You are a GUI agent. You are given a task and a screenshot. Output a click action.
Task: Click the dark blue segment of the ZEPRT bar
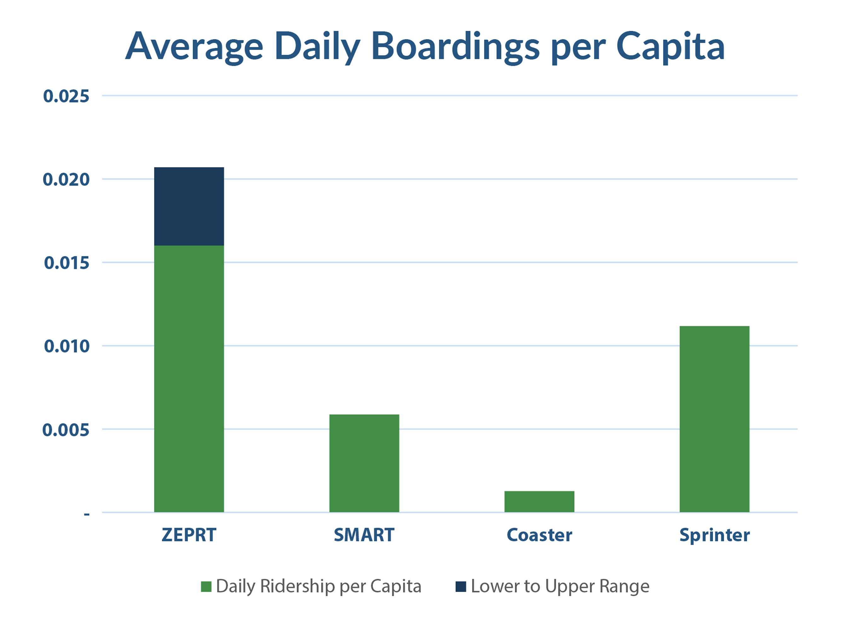tap(189, 206)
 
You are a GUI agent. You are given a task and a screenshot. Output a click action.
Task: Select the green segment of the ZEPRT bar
tap(189, 379)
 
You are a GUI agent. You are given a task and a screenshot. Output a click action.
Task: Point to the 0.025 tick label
tap(66, 96)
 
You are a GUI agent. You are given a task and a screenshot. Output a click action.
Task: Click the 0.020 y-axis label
tap(66, 180)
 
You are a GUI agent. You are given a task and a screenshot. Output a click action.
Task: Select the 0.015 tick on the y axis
tap(67, 263)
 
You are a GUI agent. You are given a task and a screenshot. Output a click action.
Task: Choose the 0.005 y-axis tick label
tap(66, 430)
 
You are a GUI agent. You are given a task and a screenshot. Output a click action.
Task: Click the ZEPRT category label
tap(189, 535)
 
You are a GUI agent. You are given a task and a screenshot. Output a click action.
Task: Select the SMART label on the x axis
tap(364, 535)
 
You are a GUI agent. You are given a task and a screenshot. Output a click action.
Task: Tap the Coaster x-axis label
tap(539, 535)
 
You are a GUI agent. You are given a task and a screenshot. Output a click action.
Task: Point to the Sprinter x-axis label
tap(715, 536)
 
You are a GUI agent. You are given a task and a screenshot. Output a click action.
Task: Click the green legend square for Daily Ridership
tap(206, 587)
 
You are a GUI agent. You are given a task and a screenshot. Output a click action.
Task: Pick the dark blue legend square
tap(460, 587)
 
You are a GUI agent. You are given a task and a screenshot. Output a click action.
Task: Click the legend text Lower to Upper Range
tap(560, 587)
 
